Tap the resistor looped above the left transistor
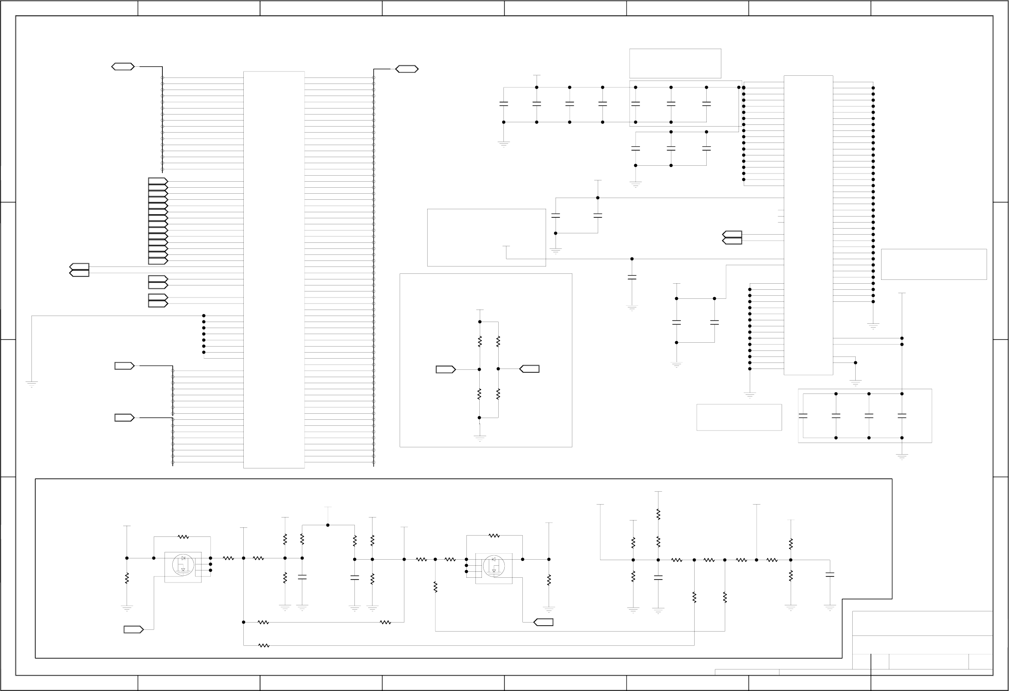tap(183, 537)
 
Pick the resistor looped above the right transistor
tap(494, 536)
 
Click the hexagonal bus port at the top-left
tap(123, 67)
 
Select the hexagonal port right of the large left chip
tap(407, 69)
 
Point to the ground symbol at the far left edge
tap(32, 383)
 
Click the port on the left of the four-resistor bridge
tap(445, 369)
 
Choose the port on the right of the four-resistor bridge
tap(530, 369)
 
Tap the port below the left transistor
tap(133, 629)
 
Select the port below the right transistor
tap(543, 623)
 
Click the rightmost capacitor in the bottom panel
tap(830, 575)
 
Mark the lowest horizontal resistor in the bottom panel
tap(264, 645)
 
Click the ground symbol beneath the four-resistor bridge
tap(480, 437)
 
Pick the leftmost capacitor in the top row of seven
tap(503, 104)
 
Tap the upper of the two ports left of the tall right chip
tap(733, 234)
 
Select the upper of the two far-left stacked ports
tap(79, 266)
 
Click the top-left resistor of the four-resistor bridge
tap(480, 341)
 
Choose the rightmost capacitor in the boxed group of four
tap(902, 416)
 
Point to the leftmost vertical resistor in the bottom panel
tap(127, 578)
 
